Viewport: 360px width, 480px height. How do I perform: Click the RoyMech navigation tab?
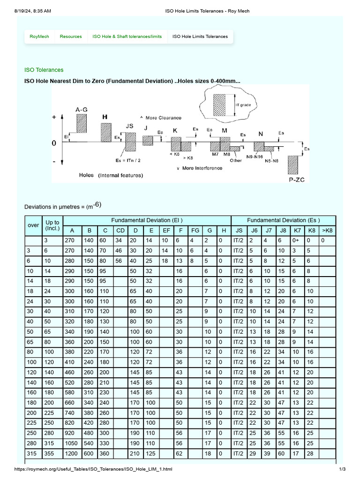[39, 37]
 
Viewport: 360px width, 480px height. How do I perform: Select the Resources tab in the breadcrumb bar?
[71, 37]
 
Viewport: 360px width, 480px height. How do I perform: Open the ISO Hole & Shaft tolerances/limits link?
[127, 37]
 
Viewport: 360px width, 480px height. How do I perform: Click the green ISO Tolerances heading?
[44, 70]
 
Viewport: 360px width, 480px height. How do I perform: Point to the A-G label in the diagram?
[81, 109]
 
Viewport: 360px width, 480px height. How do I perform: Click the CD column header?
[120, 231]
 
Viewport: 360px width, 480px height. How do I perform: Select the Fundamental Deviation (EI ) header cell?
[147, 220]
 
